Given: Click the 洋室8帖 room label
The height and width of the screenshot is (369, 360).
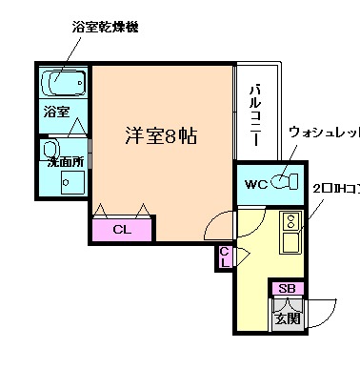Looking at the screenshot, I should point(161,135).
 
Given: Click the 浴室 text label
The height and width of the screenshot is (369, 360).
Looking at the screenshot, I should point(54,112).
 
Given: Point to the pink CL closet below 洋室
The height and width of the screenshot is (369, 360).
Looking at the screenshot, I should point(122,229).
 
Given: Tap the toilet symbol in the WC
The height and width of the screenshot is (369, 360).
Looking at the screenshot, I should point(282,180).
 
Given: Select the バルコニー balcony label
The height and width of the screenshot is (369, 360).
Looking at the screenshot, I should point(256,114).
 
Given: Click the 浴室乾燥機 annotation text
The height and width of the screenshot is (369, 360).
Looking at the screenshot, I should point(105,27).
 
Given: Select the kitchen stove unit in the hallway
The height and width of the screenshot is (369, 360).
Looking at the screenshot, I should point(290,233).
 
